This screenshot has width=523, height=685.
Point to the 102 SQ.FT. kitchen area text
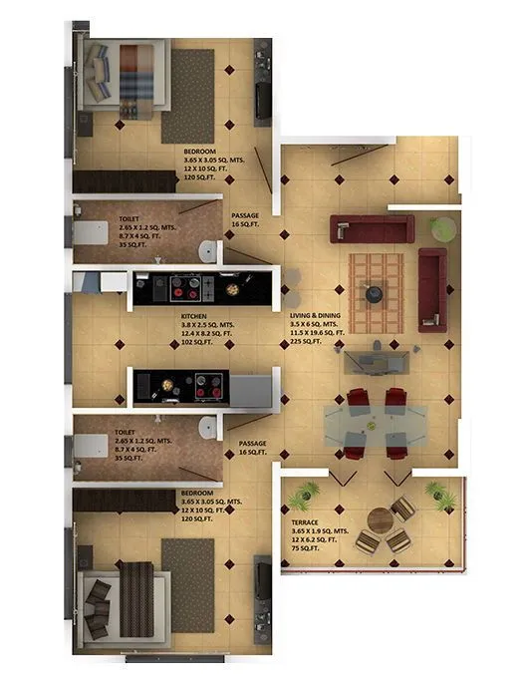(196, 341)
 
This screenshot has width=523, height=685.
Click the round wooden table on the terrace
(380, 521)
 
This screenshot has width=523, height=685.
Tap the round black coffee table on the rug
(376, 293)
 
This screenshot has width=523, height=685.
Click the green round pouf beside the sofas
(441, 228)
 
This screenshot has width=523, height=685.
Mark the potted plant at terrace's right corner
(435, 491)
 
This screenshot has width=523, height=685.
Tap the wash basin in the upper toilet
(205, 249)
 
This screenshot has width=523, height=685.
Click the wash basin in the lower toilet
(207, 427)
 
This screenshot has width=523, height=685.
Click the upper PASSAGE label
(245, 219)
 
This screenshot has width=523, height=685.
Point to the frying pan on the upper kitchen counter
(231, 289)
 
